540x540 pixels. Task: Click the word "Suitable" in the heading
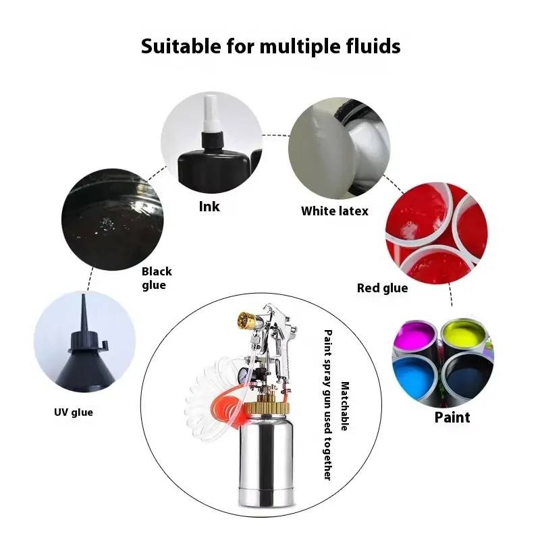[181, 46]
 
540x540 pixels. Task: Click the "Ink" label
[209, 207]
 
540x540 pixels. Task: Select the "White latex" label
[335, 211]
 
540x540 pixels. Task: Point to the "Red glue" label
[382, 288]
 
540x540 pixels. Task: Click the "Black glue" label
[157, 278]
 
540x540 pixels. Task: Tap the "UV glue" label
[74, 412]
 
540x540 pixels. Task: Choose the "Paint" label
[452, 417]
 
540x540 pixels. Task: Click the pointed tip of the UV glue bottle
[83, 296]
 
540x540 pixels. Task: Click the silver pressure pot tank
[267, 460]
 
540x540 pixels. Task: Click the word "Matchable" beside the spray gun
[345, 406]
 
